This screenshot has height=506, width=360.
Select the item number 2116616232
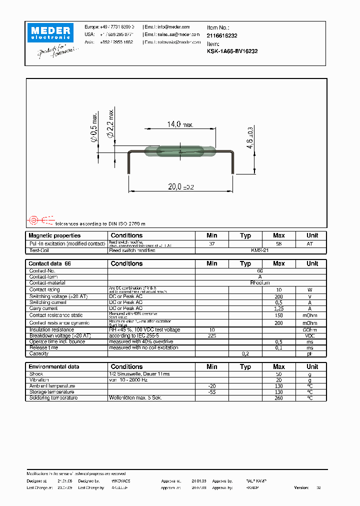tap(222, 36)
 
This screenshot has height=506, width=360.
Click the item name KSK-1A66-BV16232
tap(232, 51)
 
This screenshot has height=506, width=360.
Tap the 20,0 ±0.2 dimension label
tap(180, 186)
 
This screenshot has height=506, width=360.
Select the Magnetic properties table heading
tap(54, 235)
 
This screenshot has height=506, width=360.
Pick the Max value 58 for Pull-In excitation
tap(278, 243)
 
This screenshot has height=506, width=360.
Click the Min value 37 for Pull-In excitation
tap(211, 243)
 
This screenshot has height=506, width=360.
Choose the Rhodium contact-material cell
tap(260, 283)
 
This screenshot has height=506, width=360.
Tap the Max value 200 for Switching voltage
tap(278, 296)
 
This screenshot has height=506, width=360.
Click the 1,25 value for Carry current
tap(278, 308)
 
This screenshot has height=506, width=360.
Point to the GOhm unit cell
tap(312, 330)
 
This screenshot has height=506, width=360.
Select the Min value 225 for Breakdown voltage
tap(211, 336)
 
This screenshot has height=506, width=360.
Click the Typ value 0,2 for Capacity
tap(245, 353)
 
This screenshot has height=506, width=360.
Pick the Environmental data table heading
tap(53, 366)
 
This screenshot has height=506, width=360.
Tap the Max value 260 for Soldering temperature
tap(278, 398)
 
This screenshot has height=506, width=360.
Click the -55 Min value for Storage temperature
tap(211, 392)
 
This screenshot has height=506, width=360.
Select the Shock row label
tap(36, 374)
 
